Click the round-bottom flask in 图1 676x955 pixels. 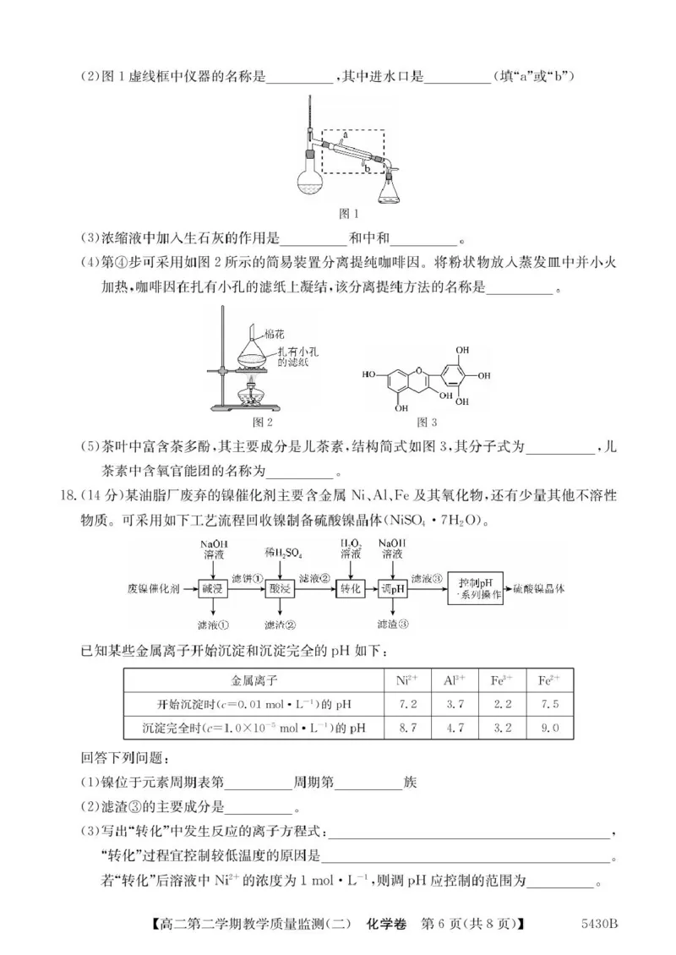tap(310, 179)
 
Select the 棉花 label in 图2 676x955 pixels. tap(274, 336)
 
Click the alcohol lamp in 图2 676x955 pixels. tap(251, 393)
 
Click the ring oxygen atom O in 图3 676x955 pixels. tap(412, 372)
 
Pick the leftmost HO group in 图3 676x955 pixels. tap(370, 372)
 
